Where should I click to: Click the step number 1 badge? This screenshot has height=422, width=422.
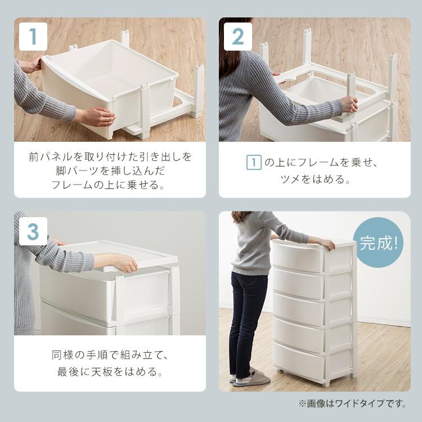pos(33,37)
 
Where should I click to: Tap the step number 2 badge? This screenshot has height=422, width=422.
pos(238,37)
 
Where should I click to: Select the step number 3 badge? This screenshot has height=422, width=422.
pos(33,231)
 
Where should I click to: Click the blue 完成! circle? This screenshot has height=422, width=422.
pos(378,242)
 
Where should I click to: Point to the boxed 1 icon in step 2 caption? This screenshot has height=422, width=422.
pos(254,162)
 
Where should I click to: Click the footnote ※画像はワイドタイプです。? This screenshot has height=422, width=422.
pos(352,403)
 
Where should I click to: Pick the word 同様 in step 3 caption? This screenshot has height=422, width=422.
pos(62,355)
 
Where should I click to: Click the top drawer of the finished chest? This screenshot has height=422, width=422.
pos(298,257)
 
